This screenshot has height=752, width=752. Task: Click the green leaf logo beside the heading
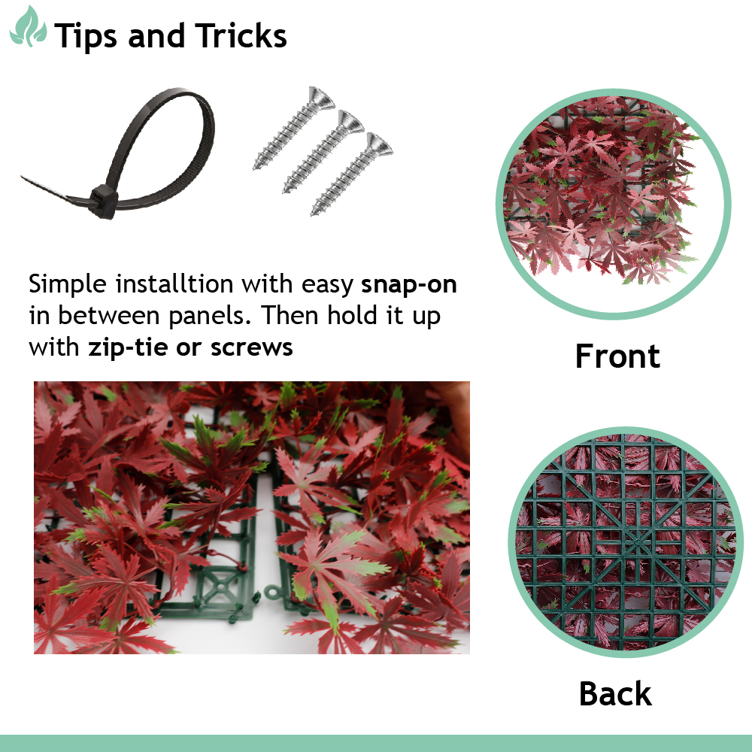tap(29, 27)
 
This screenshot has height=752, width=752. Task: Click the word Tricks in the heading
tap(241, 36)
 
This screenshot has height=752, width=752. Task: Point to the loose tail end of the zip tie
tap(29, 180)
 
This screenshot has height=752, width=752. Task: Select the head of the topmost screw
tap(321, 98)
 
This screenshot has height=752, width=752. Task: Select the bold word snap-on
tap(408, 284)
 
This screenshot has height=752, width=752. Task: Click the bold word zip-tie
tap(128, 347)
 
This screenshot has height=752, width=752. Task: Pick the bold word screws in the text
tap(252, 347)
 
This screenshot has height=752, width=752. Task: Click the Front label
tap(617, 356)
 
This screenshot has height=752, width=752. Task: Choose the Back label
tap(615, 693)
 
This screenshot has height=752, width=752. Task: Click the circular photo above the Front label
tap(614, 204)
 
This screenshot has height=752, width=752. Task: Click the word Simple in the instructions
tap(67, 284)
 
